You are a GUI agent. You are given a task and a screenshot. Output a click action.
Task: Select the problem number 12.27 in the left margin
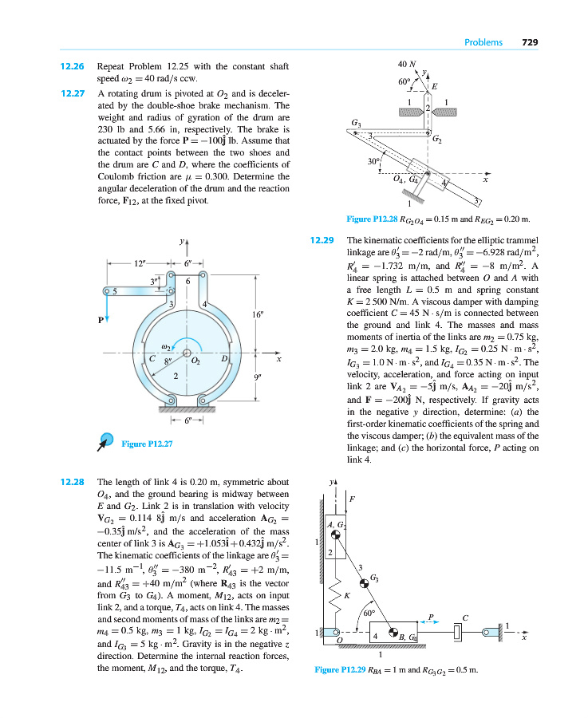click(x=73, y=93)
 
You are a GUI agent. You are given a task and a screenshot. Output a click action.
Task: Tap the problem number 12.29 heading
click(x=321, y=239)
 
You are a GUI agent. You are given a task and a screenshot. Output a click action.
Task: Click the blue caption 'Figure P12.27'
click(x=148, y=444)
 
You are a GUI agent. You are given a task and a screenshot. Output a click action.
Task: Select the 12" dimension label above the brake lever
click(x=140, y=262)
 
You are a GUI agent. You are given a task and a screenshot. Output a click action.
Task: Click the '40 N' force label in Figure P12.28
click(x=407, y=63)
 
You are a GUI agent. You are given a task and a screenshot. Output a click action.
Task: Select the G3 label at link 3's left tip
click(x=356, y=122)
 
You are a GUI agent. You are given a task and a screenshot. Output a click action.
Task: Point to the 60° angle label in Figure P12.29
click(x=368, y=614)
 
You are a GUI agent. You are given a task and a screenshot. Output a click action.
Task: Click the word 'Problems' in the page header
click(x=483, y=42)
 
